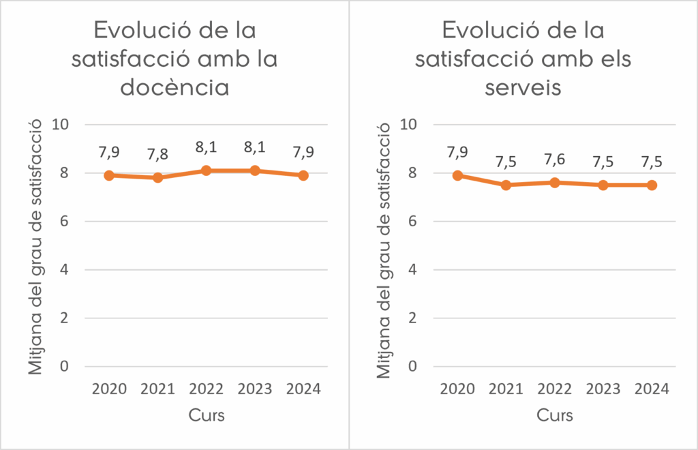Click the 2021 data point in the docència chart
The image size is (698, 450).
[x=157, y=177]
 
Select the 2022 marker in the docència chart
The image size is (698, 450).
[x=206, y=170]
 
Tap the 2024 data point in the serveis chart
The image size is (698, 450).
[x=652, y=185]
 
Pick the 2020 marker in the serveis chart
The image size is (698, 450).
[x=458, y=175]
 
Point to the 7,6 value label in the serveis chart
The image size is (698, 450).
[x=555, y=161]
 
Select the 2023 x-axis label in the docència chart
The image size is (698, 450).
[x=255, y=389]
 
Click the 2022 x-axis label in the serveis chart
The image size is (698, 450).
[x=555, y=389]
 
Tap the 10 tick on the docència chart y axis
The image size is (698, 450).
[x=65, y=125]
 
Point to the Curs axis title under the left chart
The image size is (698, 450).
[x=207, y=415]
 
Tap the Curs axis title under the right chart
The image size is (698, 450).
[x=555, y=415]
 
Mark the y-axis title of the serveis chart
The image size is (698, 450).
[x=386, y=245]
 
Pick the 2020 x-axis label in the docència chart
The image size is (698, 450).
[x=109, y=389]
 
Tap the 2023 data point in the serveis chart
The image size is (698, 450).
[x=603, y=185]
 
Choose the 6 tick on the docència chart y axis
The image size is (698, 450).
[x=65, y=222]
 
